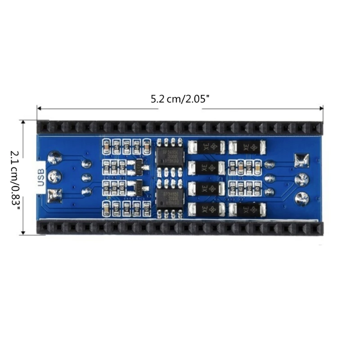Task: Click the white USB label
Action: coord(41,176)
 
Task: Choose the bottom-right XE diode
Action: coord(247,209)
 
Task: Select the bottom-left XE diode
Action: coord(207,209)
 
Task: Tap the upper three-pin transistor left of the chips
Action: coord(138,165)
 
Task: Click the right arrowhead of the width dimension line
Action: coord(321,108)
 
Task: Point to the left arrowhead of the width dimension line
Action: coord(39,108)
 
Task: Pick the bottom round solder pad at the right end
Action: coord(301,198)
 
